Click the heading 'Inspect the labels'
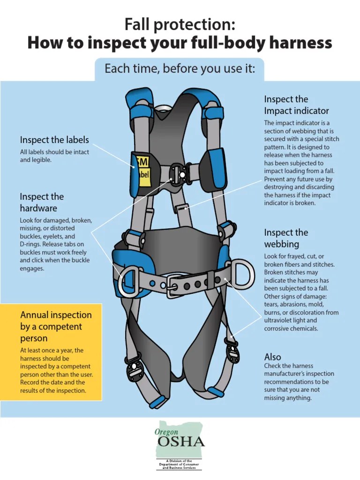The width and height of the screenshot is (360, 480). pos(54,140)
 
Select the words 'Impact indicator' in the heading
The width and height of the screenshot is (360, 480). pos(296,111)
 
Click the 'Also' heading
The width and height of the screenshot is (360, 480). pos(273,357)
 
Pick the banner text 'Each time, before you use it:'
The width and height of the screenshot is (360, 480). pos(180,69)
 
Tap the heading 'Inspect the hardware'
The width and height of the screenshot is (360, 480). pos(42,202)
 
